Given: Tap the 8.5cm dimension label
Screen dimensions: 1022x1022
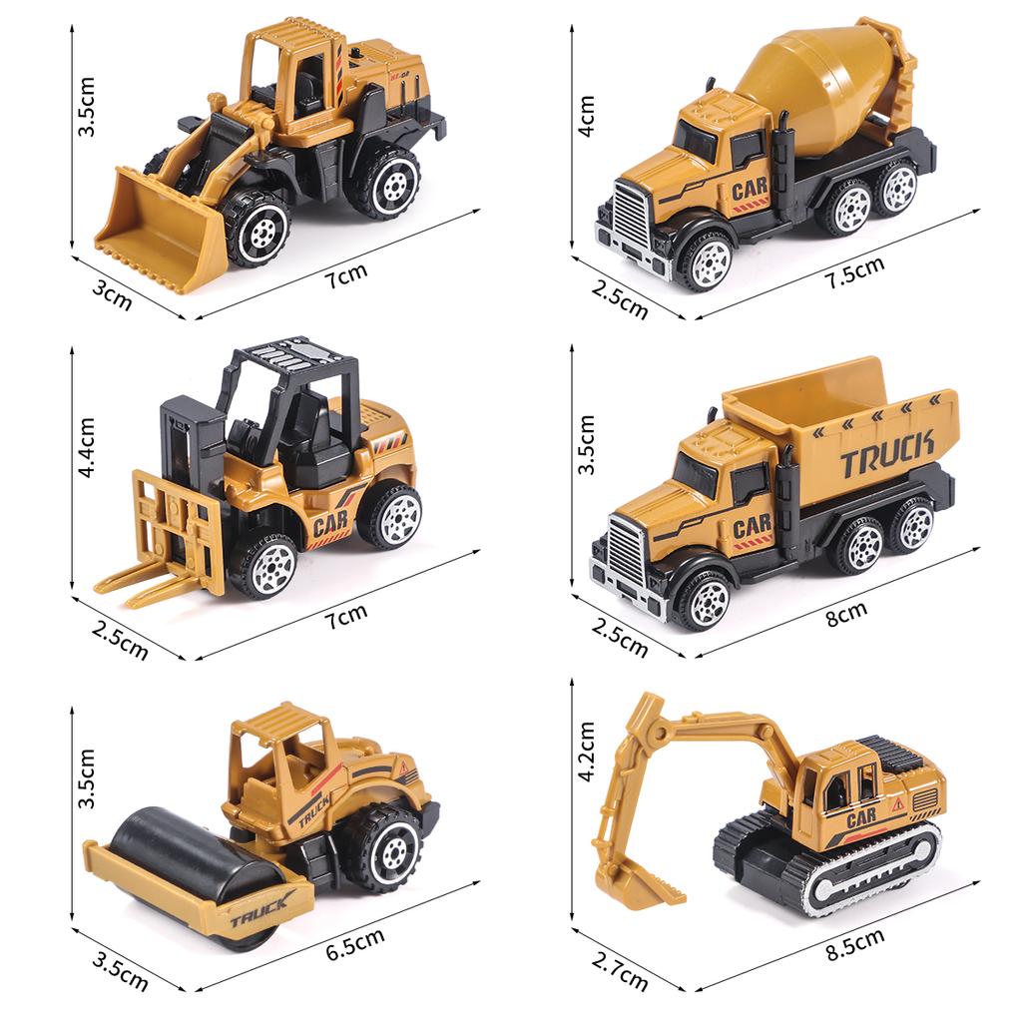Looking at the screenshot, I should [855, 944].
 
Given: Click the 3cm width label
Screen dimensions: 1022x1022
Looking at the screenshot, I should [112, 296].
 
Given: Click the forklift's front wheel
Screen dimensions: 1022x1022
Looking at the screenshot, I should [264, 566].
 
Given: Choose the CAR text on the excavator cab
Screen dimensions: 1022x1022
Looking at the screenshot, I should [861, 820].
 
